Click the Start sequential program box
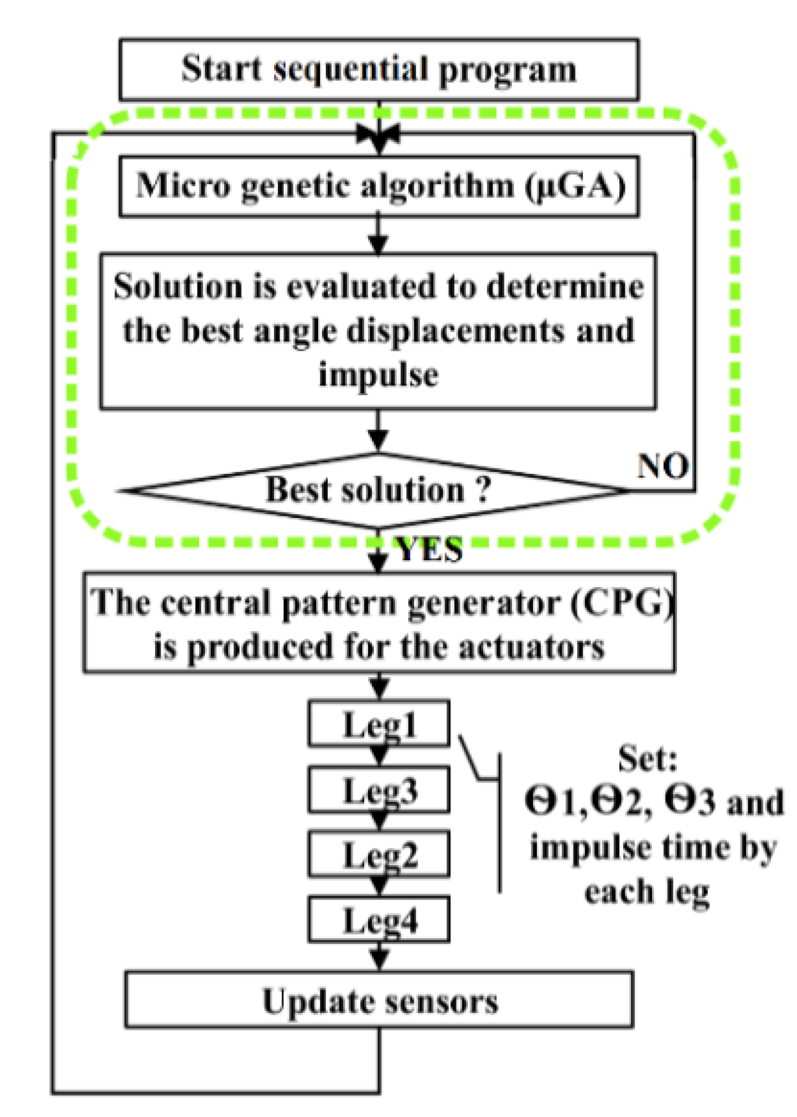(x=379, y=69)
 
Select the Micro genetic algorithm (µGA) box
(x=379, y=186)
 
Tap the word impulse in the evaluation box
(x=379, y=375)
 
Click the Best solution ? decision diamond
(x=379, y=490)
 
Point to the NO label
(x=663, y=466)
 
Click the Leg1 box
(x=379, y=724)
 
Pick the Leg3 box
(x=379, y=790)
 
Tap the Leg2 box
(x=379, y=855)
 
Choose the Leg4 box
(x=379, y=920)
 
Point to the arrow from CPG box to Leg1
(x=379, y=687)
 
